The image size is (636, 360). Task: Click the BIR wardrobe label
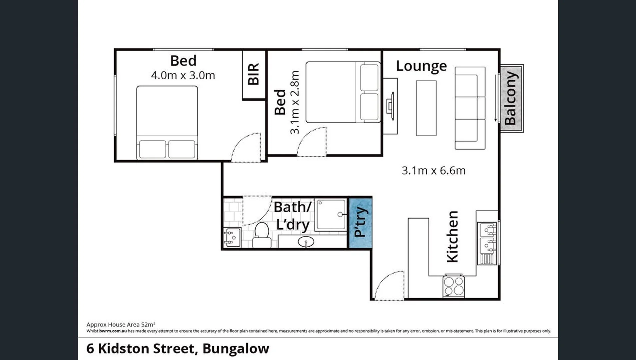coord(254,74)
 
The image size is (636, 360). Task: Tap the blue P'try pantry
coord(360,223)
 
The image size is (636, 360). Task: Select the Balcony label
coord(511,98)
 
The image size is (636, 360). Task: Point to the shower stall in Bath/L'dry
coord(331,215)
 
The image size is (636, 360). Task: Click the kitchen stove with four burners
coord(454,286)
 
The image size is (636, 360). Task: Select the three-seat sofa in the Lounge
coord(470,108)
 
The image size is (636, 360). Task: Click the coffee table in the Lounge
coord(426,108)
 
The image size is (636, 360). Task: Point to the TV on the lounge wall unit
coord(390,106)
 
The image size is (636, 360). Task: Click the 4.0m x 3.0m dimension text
coord(183,75)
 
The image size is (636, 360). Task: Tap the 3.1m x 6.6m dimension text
coord(433,171)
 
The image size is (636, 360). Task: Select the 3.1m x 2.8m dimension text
coord(295,102)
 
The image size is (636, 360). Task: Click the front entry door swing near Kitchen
coord(389,286)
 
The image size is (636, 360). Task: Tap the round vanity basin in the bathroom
coord(306,242)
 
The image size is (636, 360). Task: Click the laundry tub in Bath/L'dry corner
coord(232,237)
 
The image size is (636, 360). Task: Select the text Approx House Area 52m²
coord(121,324)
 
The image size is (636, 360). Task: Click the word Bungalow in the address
coord(235,349)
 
